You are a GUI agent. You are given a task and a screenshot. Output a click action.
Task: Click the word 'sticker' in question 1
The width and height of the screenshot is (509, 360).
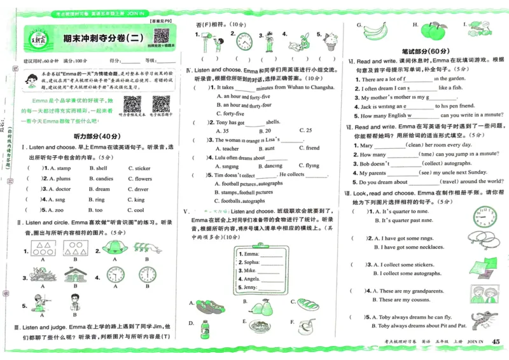point(143,169)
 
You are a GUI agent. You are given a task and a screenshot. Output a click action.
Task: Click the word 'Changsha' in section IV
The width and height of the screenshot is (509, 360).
point(317,87)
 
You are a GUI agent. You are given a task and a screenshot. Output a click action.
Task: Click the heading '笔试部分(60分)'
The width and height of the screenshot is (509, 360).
point(425,50)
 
